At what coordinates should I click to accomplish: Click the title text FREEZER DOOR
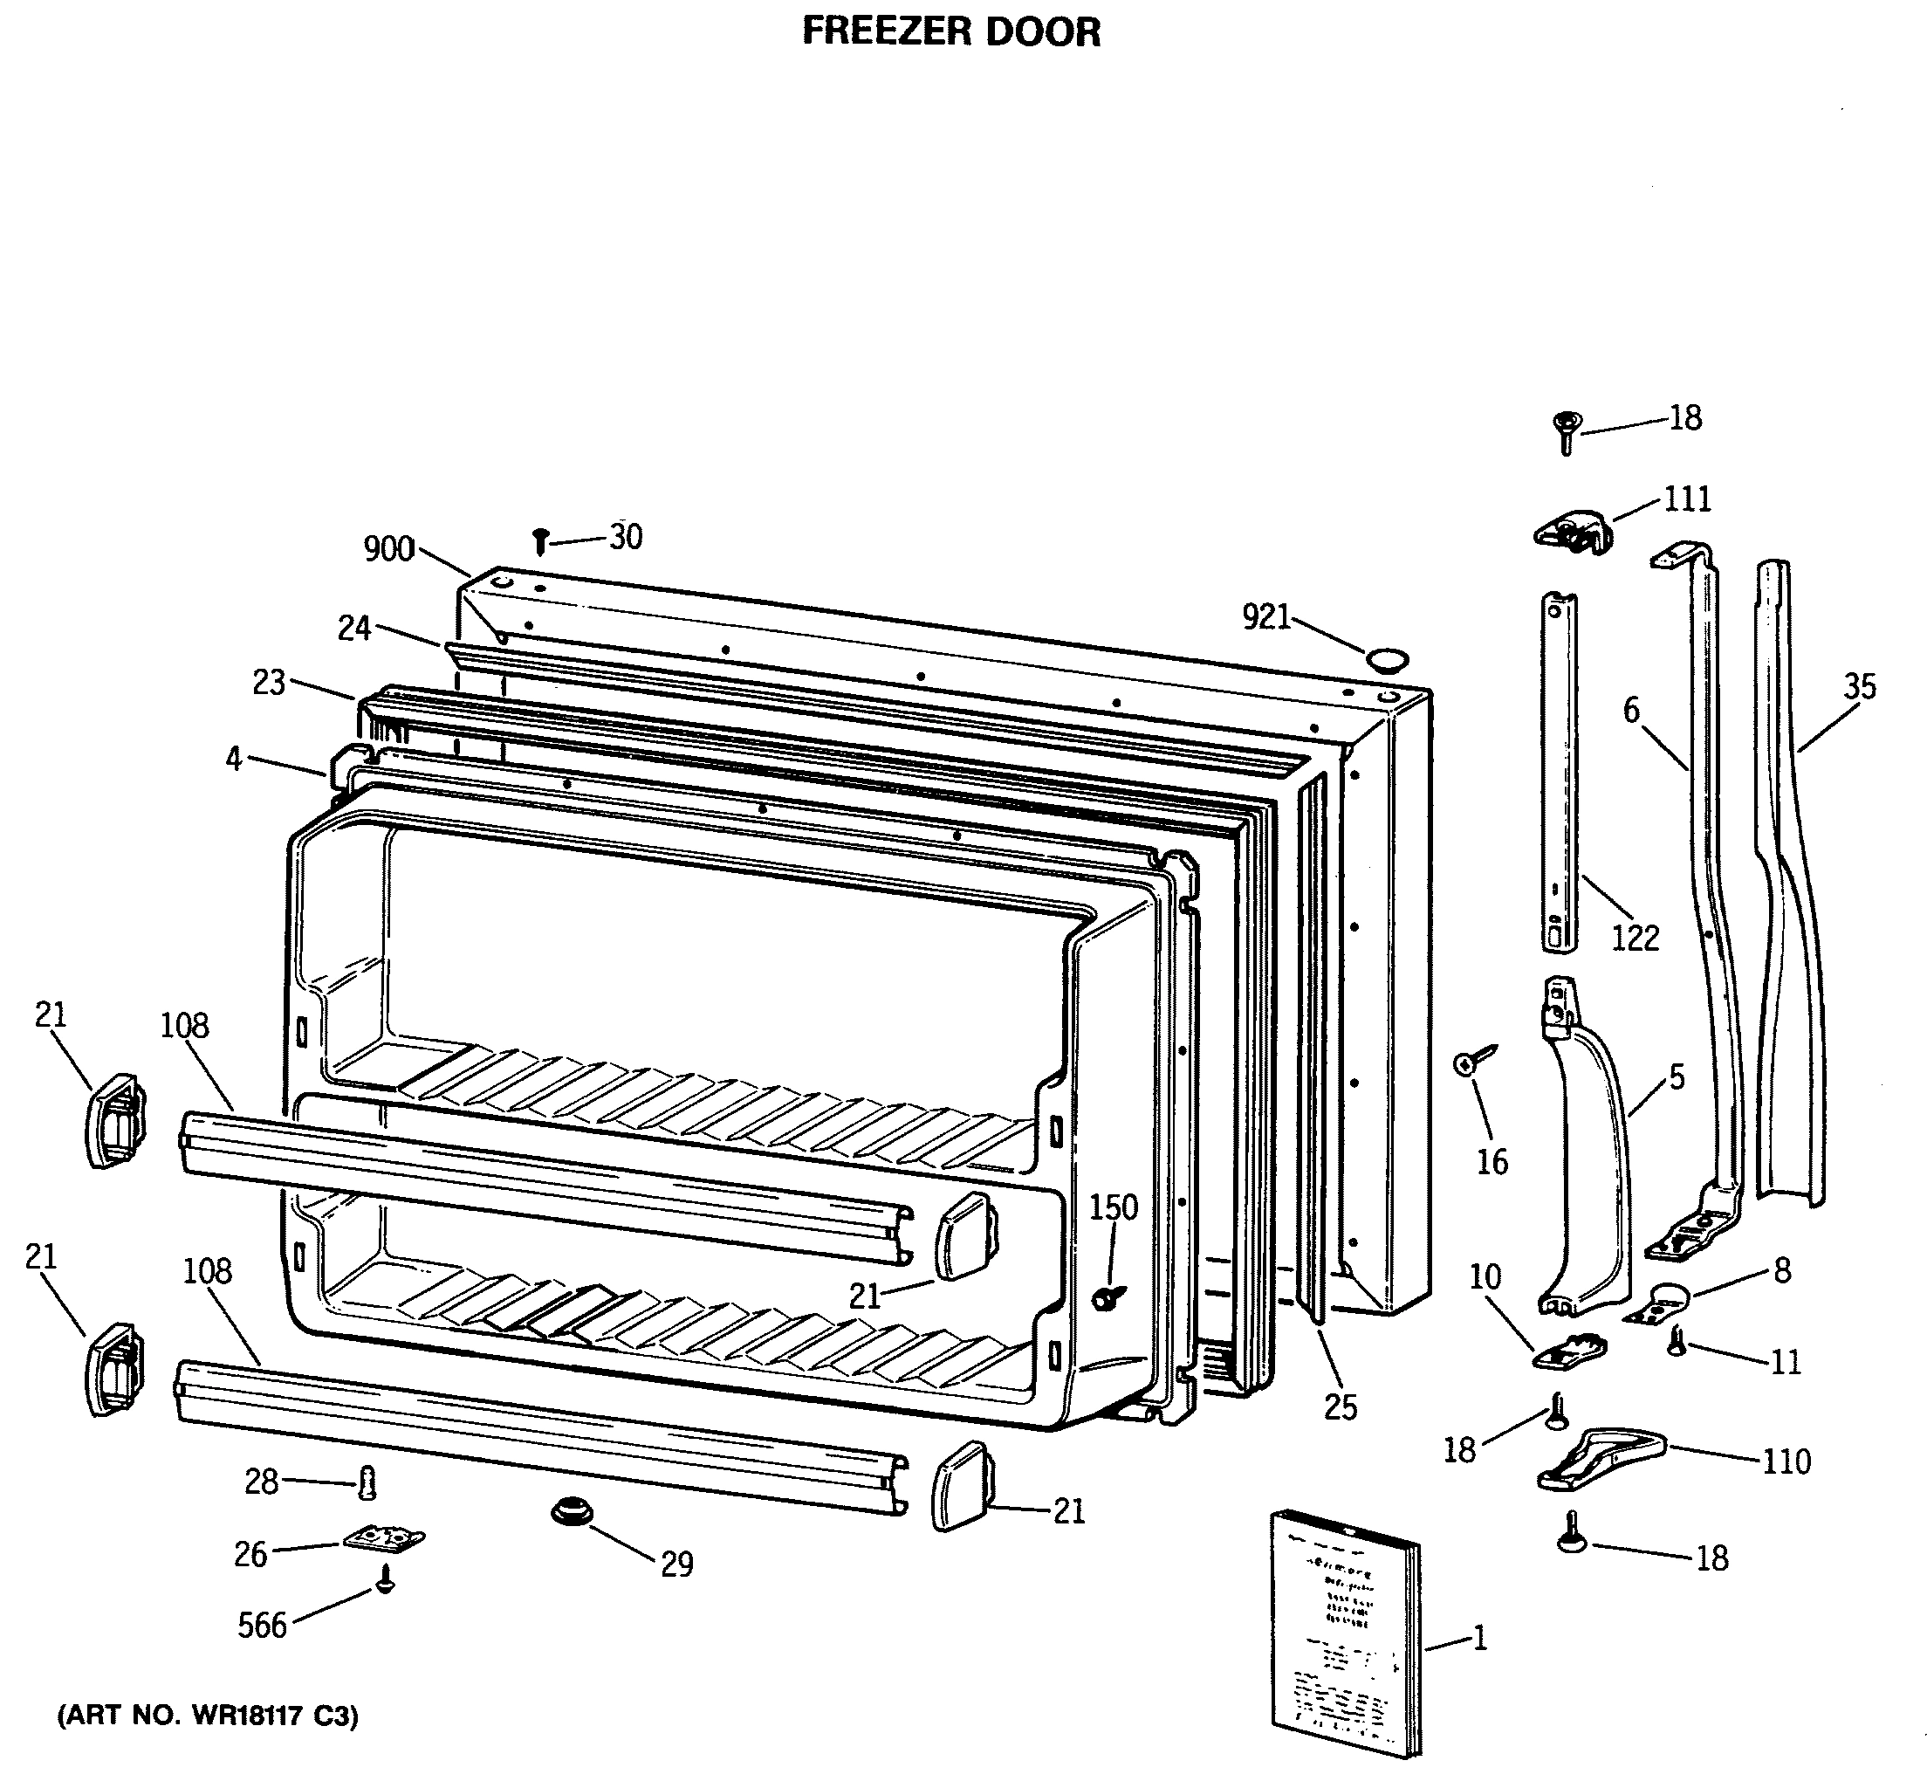(x=951, y=32)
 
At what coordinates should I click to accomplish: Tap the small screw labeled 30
(x=541, y=540)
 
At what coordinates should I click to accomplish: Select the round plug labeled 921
(x=1386, y=660)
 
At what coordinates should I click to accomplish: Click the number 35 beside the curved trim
(x=1858, y=686)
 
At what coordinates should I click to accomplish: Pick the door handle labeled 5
(x=1587, y=1152)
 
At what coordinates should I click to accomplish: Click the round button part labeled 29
(x=572, y=1510)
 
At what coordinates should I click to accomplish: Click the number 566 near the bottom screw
(x=262, y=1626)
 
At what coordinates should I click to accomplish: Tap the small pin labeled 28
(x=367, y=1482)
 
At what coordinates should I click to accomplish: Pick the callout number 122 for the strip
(x=1634, y=937)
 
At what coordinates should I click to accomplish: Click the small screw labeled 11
(x=1677, y=1341)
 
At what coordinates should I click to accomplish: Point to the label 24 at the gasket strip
(x=354, y=628)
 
